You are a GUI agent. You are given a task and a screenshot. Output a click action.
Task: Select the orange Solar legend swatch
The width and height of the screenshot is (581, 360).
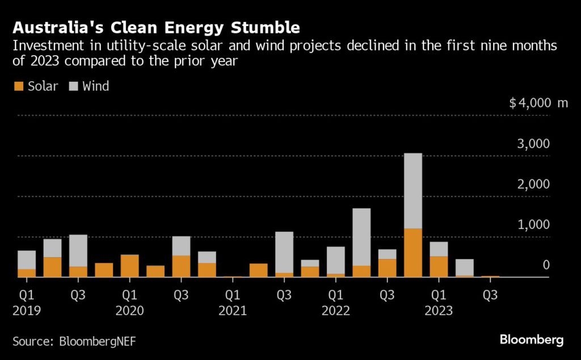coord(18,86)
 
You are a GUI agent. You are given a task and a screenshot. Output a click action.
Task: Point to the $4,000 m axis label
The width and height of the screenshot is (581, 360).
coord(538,103)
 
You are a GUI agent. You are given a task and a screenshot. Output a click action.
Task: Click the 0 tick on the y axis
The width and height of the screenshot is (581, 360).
coord(545,265)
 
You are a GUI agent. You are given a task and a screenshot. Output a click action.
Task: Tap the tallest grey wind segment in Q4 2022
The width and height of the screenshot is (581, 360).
coord(412,191)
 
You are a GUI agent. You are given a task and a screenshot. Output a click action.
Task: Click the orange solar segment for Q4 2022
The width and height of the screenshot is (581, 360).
coord(412,253)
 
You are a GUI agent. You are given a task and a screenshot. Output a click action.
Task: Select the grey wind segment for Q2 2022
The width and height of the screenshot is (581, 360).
coord(361,237)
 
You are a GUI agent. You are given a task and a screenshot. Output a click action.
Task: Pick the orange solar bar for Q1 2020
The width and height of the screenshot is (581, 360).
coord(129,266)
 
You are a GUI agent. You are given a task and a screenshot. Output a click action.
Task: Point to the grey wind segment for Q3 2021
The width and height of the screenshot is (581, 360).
coord(284,252)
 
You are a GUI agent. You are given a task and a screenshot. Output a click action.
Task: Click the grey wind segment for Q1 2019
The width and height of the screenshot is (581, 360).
coord(26,259)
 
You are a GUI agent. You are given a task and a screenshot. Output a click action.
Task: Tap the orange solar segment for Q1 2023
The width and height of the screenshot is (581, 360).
coord(438,266)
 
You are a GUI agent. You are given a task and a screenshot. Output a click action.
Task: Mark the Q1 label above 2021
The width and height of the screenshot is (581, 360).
coord(233,295)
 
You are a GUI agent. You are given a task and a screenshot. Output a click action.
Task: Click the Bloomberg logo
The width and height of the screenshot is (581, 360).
coord(531,340)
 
